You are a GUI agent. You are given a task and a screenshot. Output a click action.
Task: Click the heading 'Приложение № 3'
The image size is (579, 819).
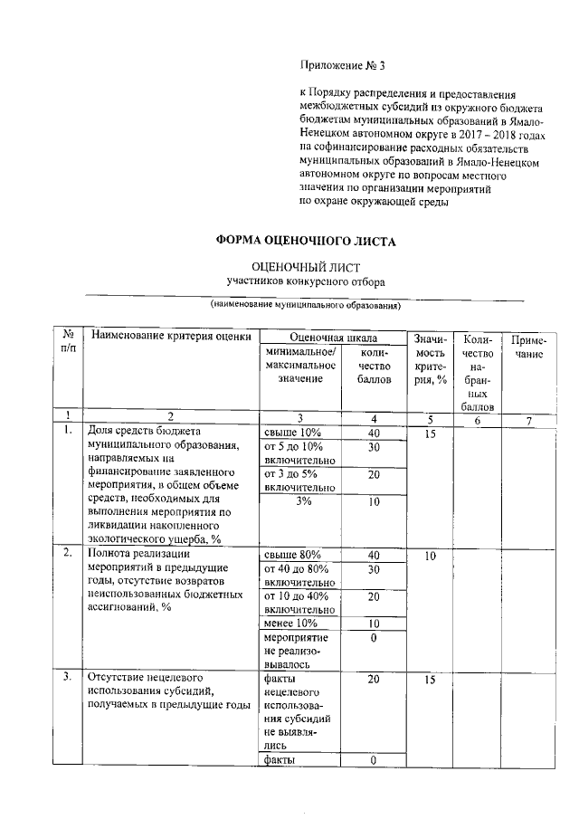342,66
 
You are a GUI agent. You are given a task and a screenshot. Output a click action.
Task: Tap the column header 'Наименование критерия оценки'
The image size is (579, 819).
170,338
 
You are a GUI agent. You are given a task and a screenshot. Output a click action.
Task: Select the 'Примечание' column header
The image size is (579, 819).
529,348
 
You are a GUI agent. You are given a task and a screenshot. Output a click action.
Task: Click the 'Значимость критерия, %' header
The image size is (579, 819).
430,357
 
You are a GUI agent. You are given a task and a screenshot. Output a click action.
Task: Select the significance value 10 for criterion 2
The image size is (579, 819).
430,555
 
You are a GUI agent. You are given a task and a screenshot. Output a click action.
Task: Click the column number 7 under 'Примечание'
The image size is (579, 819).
529,417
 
